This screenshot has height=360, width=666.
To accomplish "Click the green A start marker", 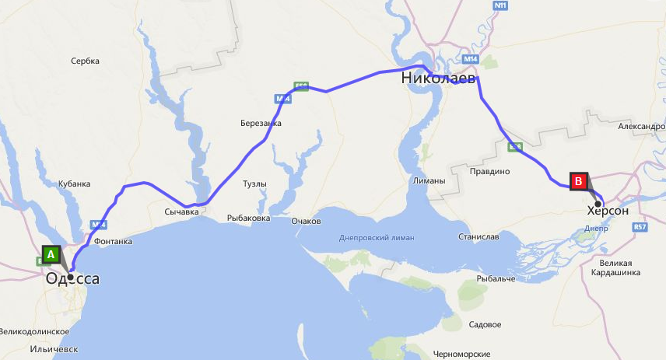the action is [x=51, y=254].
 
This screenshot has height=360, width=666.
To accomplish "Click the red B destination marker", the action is [x=578, y=181].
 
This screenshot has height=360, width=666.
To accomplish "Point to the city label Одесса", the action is [x=72, y=278].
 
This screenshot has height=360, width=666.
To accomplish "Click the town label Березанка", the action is [x=261, y=123].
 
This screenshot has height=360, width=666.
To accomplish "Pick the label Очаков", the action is [x=306, y=222].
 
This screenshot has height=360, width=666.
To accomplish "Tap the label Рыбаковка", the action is [x=248, y=218].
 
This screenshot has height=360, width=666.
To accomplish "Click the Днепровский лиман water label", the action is [x=377, y=237].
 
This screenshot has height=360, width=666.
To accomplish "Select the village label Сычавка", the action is [x=183, y=211].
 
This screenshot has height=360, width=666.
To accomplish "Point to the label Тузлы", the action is [x=254, y=184].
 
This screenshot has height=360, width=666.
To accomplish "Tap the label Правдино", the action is [x=489, y=170].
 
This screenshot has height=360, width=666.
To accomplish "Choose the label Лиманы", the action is [x=430, y=181].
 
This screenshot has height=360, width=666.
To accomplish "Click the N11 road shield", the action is [x=501, y=5].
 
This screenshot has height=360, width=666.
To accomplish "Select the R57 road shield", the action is [x=640, y=227].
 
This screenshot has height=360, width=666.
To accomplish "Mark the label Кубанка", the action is [x=75, y=184].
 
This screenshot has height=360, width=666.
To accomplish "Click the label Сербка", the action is [x=84, y=61].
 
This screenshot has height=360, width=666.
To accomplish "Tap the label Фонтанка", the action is [x=113, y=242].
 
